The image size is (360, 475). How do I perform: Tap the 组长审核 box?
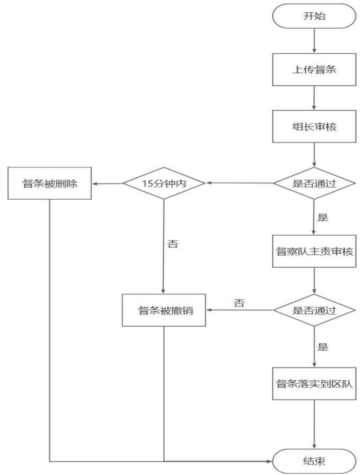[314, 126]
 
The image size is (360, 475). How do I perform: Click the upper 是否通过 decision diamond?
[314, 184]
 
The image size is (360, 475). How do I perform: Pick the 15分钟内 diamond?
[164, 184]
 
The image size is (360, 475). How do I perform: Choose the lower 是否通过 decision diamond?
[314, 310]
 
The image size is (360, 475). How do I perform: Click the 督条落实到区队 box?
[314, 384]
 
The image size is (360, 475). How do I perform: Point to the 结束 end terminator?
[314, 461]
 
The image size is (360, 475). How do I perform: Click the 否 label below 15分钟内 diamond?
[172, 245]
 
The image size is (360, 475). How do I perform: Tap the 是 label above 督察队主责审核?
[323, 217]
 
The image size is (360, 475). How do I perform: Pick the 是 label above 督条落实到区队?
[323, 347]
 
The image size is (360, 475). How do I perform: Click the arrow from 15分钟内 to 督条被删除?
[108, 184]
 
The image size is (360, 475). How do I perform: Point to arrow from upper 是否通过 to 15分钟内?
[238, 184]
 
